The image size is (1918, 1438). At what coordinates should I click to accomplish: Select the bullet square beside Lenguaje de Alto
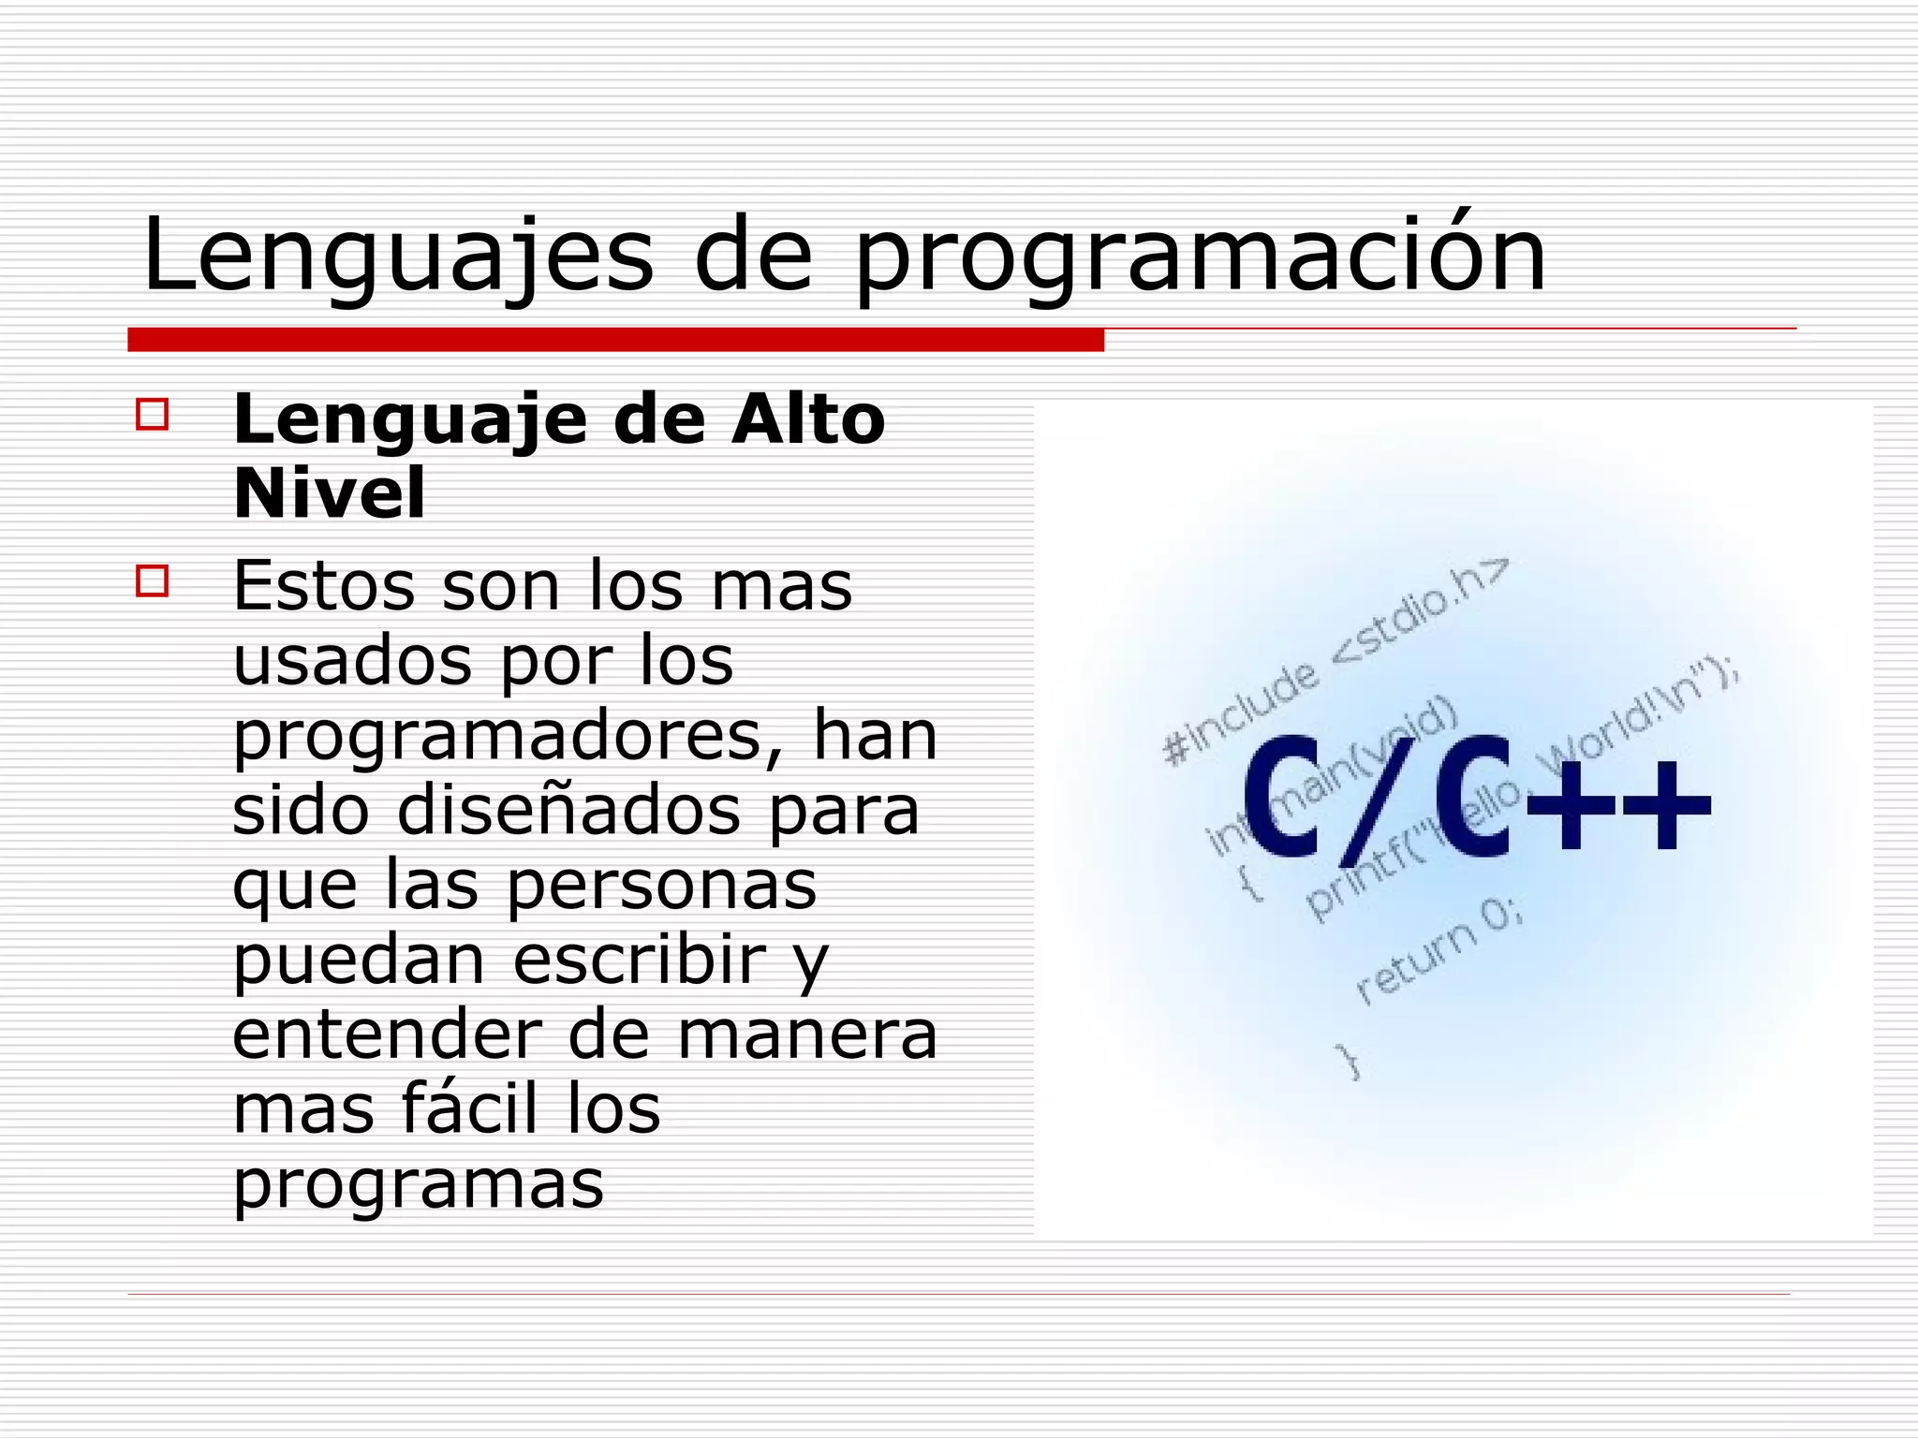pyautogui.click(x=153, y=415)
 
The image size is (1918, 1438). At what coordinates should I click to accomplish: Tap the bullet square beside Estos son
pyautogui.click(x=153, y=581)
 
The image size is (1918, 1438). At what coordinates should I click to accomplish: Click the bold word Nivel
pyautogui.click(x=329, y=493)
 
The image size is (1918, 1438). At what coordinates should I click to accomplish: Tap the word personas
pyautogui.click(x=662, y=886)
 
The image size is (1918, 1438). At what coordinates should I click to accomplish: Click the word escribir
pyautogui.click(x=640, y=960)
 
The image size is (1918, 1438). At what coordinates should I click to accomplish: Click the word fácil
pyautogui.click(x=458, y=1109)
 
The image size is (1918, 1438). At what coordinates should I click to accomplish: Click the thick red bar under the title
pyautogui.click(x=615, y=340)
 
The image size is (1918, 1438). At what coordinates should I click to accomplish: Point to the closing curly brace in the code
pyautogui.click(x=1350, y=1062)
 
